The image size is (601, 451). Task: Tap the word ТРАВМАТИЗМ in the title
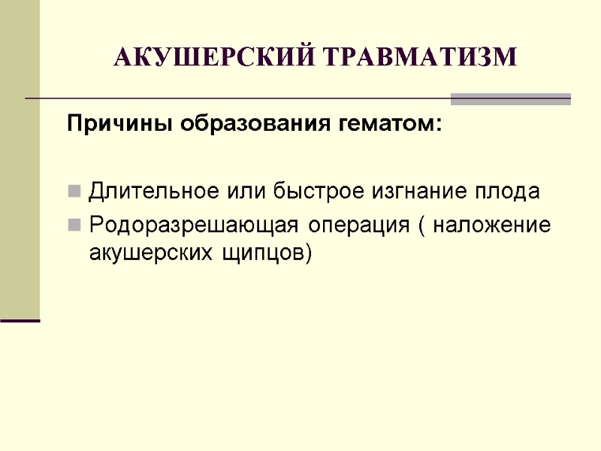[x=422, y=57]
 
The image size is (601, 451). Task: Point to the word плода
[x=512, y=192]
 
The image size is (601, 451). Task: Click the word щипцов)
[x=262, y=253]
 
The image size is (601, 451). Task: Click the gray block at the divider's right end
[x=511, y=98]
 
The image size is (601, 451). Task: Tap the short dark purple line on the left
[x=20, y=321]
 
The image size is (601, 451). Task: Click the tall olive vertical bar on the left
[x=20, y=158]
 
